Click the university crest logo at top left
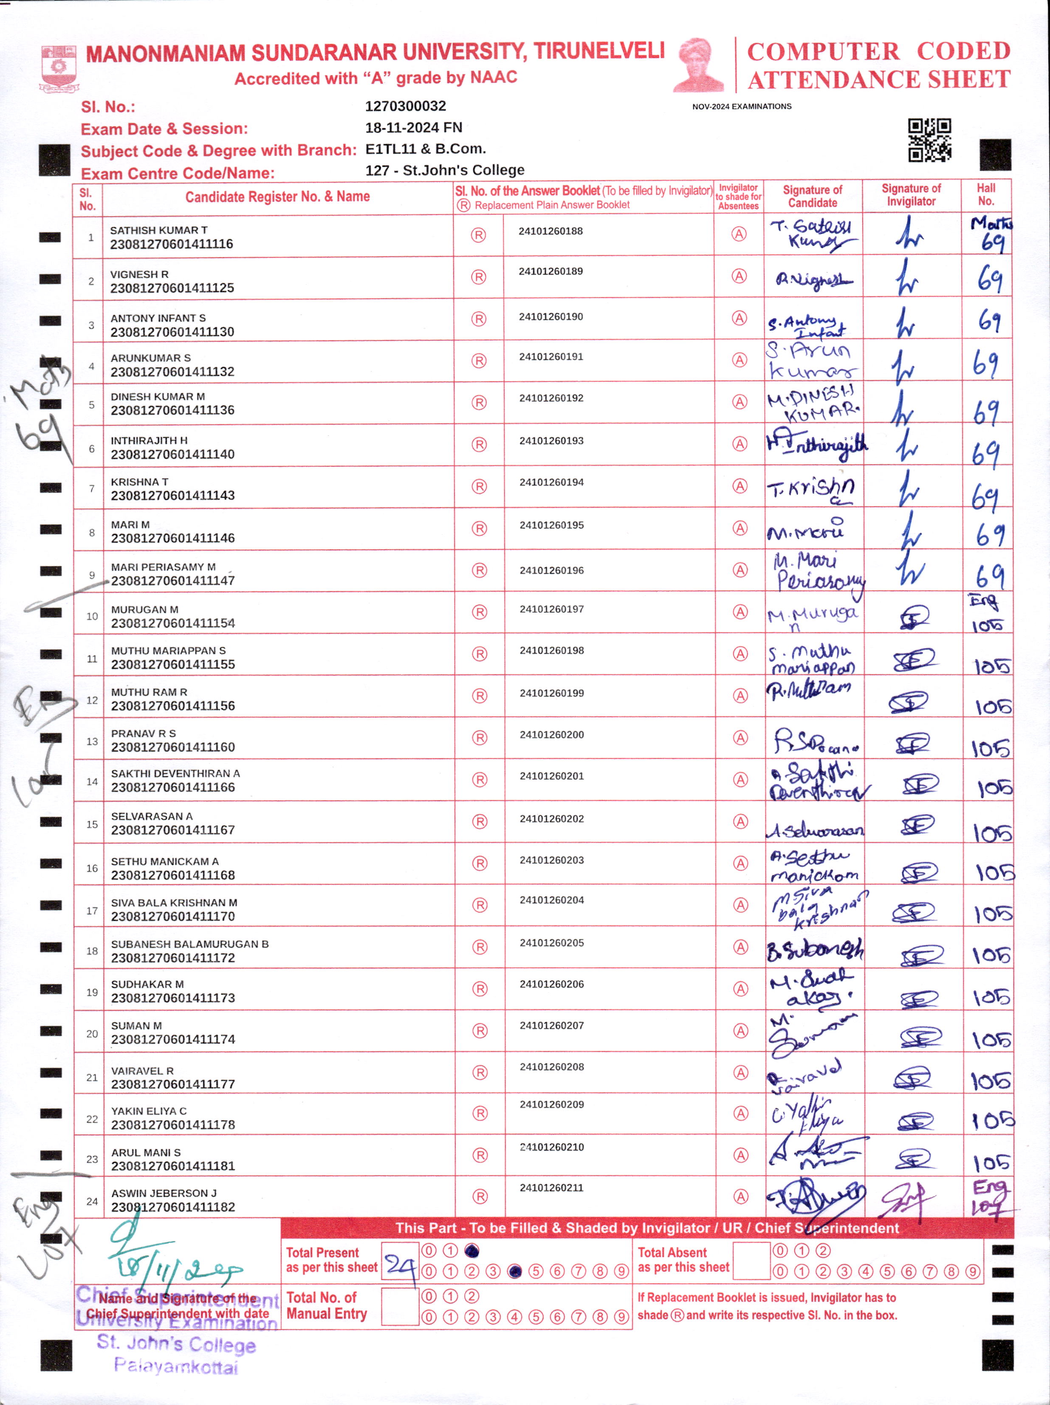tap(59, 69)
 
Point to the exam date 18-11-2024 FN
tap(414, 128)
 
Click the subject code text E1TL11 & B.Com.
tap(425, 149)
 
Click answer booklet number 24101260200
tap(551, 735)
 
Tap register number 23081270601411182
tap(173, 1207)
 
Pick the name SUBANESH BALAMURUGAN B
tap(190, 944)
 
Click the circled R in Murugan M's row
tap(479, 612)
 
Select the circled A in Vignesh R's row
tap(739, 277)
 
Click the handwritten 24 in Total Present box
tap(400, 1266)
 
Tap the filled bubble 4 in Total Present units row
tap(514, 1271)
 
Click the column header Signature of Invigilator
tap(911, 195)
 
